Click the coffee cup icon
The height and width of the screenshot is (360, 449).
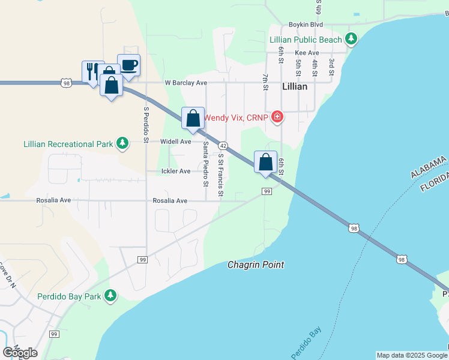(128, 64)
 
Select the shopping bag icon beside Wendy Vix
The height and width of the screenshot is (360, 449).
(193, 117)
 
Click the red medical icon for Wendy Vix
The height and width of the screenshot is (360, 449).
(277, 116)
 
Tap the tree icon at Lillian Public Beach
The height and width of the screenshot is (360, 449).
(351, 40)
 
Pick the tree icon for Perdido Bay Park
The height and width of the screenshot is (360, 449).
(110, 296)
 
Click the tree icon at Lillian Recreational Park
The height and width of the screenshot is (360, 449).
(122, 143)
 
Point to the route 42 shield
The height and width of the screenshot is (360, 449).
(223, 146)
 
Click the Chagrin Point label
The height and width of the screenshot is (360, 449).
(256, 265)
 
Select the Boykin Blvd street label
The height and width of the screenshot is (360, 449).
(306, 25)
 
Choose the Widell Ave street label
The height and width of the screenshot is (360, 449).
(175, 142)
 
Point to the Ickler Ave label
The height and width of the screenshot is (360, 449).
(176, 171)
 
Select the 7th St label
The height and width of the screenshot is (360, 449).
(265, 82)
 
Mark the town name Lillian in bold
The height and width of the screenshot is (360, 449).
(294, 86)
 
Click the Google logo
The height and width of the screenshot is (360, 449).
(20, 353)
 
